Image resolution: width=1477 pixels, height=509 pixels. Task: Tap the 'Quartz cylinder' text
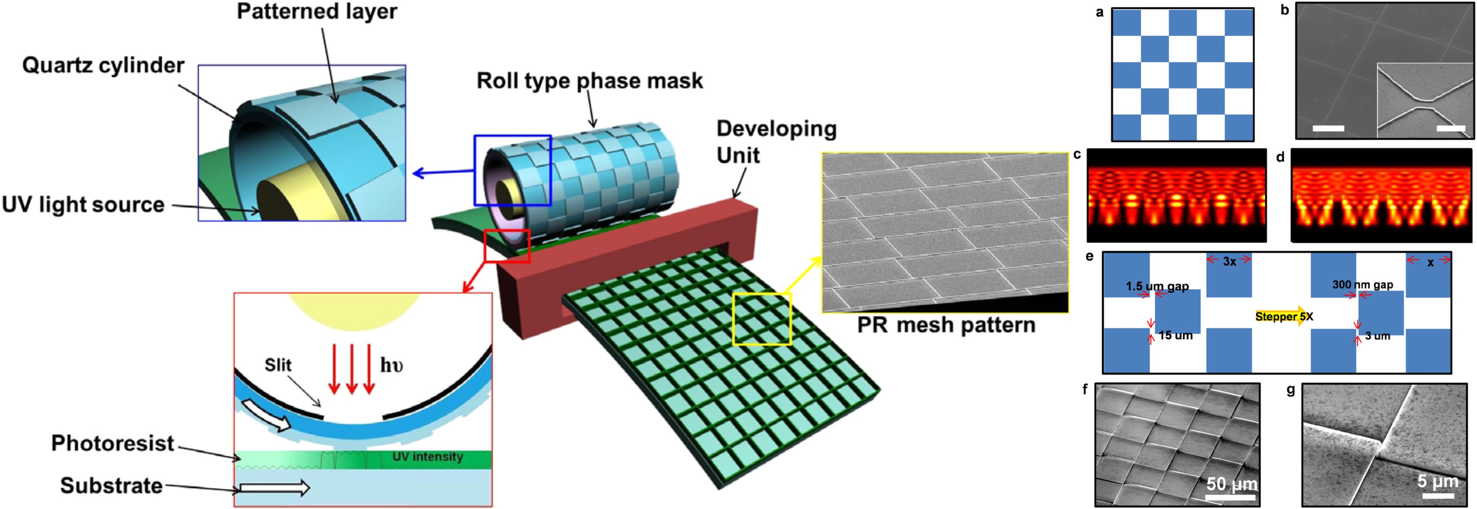click(103, 65)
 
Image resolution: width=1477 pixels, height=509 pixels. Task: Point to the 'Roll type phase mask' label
click(589, 81)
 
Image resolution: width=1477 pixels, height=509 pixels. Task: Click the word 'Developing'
click(776, 128)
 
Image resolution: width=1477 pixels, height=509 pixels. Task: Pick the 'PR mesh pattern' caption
click(946, 325)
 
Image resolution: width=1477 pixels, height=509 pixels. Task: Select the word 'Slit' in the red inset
click(278, 365)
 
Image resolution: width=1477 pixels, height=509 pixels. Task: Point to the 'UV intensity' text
click(428, 457)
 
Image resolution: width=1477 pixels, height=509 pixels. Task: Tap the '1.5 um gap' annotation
click(1157, 286)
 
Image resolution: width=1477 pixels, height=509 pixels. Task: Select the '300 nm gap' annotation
click(1362, 285)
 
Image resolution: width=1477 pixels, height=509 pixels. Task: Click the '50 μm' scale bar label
click(1232, 484)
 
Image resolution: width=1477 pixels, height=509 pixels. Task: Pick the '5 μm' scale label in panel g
click(1437, 481)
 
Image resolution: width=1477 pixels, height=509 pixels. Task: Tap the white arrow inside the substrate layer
click(275, 488)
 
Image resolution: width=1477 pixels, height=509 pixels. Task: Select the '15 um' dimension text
click(1176, 336)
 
